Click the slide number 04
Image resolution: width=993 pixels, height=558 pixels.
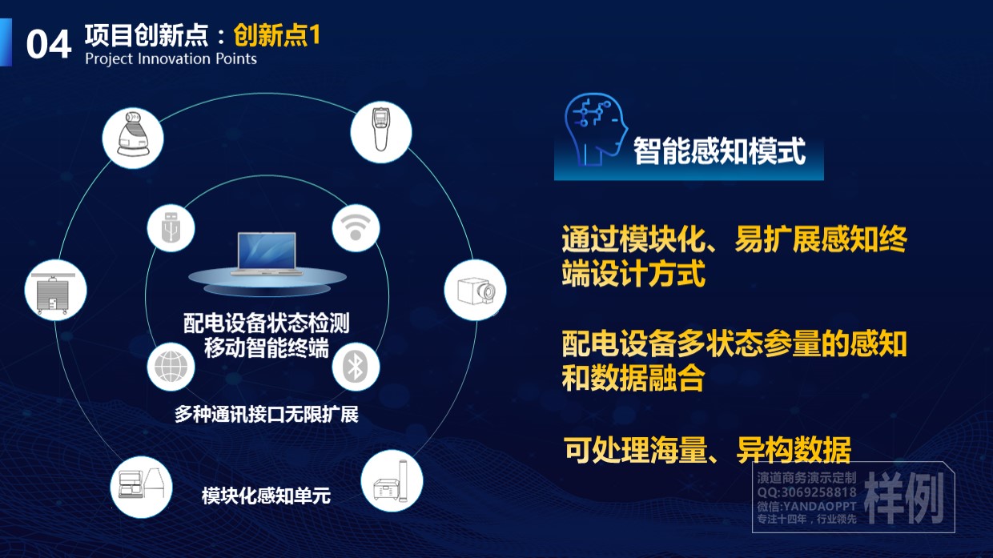pos(49,44)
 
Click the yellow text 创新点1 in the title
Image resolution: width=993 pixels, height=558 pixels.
pos(276,35)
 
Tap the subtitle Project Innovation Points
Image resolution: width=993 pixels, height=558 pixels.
pos(171,59)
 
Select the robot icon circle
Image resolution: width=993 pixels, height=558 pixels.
pos(133,138)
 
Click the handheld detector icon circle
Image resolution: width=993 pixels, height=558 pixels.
pos(381,131)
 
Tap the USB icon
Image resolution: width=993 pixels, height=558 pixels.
pos(171,228)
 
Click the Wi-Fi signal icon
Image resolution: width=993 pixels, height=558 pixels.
pos(356,228)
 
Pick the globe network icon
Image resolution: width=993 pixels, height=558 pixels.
pos(171,367)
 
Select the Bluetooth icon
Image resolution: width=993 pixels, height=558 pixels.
pos(356,367)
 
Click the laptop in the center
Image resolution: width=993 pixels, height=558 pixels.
pos(267,254)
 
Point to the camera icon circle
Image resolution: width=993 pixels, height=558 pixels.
pos(475,290)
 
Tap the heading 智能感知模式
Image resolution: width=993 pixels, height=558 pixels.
pos(719,151)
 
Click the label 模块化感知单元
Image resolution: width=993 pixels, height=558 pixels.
pos(266,496)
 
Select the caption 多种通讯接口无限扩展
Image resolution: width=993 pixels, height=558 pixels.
pos(267,415)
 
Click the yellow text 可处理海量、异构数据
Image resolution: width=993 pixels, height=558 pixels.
pos(708,450)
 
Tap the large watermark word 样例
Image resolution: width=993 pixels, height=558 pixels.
pos(904,498)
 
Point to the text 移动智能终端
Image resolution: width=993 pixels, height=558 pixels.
pos(267,347)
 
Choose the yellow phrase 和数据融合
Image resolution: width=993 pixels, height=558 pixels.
pos(633,378)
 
